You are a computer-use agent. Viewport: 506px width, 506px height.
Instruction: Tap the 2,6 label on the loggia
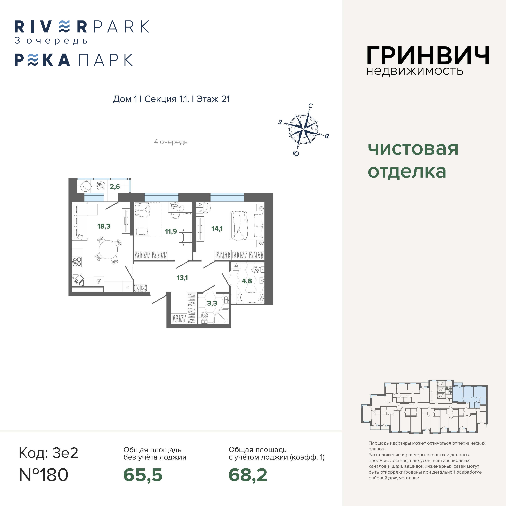(115, 186)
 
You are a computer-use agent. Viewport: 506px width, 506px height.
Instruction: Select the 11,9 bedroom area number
(171, 231)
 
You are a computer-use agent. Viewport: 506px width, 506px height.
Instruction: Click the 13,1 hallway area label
(182, 278)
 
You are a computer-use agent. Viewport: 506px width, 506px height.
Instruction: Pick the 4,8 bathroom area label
(247, 281)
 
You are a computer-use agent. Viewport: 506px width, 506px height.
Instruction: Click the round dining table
(108, 250)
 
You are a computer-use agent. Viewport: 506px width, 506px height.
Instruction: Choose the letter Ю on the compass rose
(296, 153)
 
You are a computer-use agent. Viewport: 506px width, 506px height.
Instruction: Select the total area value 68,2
(248, 475)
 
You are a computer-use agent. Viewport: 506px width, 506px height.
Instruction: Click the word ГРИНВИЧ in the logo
(428, 56)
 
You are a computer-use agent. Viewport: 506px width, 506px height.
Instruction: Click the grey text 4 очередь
(171, 142)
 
